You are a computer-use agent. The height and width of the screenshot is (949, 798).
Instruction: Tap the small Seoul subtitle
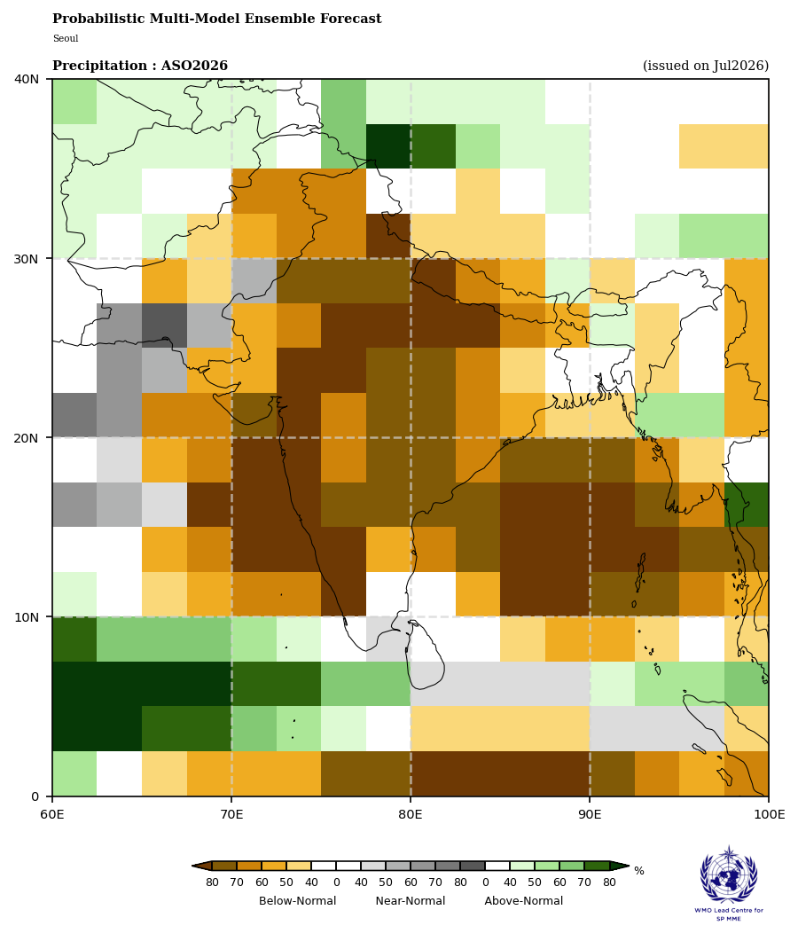coord(66,38)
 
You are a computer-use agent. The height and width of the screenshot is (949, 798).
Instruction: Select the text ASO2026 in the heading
coord(194,66)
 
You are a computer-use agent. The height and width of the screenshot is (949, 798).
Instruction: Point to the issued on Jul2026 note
coord(706,66)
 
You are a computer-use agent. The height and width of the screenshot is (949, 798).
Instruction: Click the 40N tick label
coord(27,79)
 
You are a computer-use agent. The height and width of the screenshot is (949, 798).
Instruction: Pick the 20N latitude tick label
coord(27,437)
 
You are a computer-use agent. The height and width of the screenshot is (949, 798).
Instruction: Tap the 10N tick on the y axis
coord(27,617)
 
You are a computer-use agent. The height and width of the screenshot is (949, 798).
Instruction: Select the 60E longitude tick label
coord(52,814)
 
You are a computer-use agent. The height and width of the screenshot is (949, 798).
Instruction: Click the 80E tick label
coord(411,814)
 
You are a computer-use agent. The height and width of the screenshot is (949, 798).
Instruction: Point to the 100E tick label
coord(769,814)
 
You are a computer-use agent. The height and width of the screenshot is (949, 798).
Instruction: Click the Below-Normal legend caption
coord(298,900)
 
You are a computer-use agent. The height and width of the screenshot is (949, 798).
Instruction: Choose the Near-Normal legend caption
coord(411,900)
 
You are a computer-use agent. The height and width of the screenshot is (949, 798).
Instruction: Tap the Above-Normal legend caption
coord(524,900)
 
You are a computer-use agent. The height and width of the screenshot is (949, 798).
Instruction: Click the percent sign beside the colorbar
coord(639,871)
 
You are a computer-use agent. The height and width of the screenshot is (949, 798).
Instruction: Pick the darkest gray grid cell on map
coord(165,325)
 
